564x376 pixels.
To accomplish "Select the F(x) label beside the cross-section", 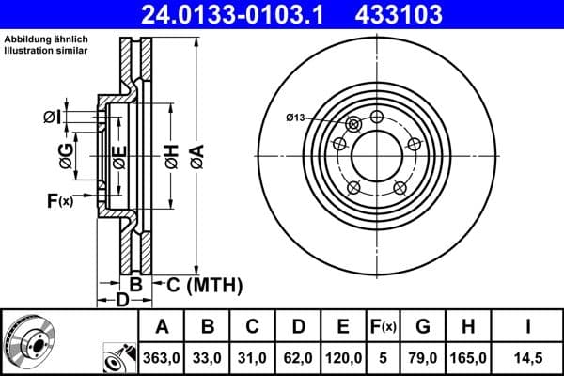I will pos(58,200).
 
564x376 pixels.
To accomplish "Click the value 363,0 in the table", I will pos(162,357).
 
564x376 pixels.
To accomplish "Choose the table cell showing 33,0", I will pos(209,357).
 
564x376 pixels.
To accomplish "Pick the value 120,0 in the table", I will pos(343,357).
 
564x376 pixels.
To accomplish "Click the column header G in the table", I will pos(422,327).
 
